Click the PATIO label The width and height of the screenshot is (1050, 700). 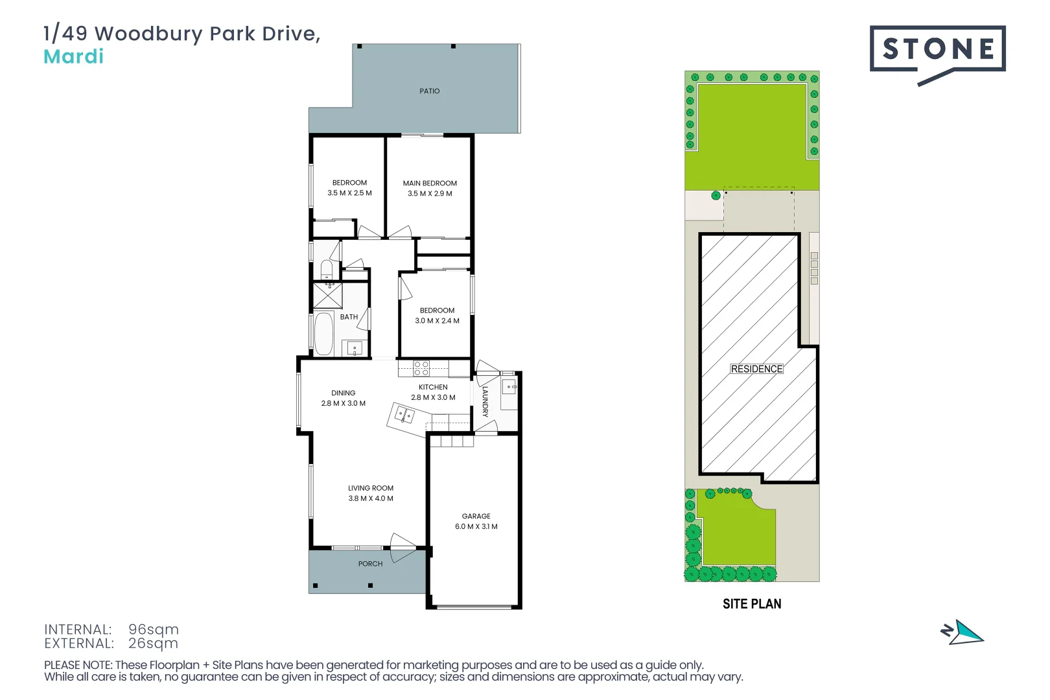[429, 91]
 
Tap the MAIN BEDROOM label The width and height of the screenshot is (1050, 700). [430, 183]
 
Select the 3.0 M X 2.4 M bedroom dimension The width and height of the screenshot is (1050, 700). [437, 321]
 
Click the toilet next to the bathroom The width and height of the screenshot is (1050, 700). [327, 270]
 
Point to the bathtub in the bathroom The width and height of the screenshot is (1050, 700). [323, 334]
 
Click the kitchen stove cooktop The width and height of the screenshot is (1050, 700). [421, 368]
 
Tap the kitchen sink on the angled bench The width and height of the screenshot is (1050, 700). [404, 415]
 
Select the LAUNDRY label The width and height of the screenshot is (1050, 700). [485, 401]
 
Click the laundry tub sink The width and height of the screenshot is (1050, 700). [509, 387]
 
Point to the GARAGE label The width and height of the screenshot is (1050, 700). [476, 516]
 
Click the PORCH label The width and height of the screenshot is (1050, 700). [370, 563]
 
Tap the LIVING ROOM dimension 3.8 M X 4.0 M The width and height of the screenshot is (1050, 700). [371, 498]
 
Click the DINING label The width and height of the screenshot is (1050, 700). [343, 393]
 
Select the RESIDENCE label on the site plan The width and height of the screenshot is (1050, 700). [756, 369]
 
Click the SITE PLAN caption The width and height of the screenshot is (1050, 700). [752, 604]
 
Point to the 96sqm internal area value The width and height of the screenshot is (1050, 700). [154, 629]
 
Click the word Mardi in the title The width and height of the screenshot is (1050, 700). [73, 57]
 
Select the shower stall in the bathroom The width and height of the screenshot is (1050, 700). [328, 296]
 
